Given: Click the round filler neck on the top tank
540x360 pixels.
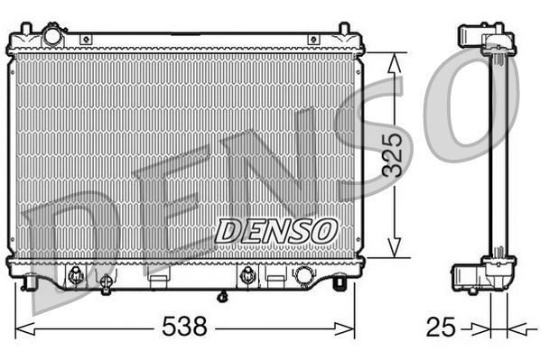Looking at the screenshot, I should point(53,37).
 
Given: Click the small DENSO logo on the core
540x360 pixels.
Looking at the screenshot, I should point(275,230).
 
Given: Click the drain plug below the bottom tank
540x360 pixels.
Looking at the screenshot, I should point(221,295).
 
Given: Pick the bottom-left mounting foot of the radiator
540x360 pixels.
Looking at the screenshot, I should point(33,284).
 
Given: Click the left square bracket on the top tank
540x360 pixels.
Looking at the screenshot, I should point(86,39).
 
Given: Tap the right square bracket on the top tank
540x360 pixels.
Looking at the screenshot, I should point(313,39).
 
